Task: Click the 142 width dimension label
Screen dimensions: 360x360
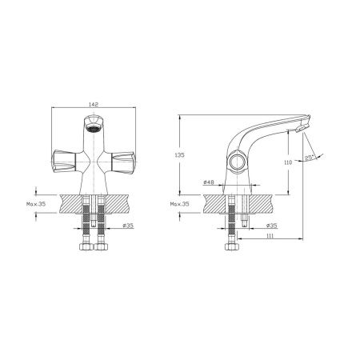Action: point(94,104)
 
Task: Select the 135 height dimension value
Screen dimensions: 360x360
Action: point(179,154)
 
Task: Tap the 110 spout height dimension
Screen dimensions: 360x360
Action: point(288,162)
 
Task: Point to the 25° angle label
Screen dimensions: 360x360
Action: point(309,158)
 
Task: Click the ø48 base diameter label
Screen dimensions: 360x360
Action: point(209,182)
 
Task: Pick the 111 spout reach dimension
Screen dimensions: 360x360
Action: point(270,236)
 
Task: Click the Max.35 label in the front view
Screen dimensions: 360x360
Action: point(36,204)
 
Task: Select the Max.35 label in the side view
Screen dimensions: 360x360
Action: point(180,204)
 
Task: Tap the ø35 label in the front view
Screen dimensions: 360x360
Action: point(128,226)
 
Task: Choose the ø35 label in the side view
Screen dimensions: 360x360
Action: point(272,226)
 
